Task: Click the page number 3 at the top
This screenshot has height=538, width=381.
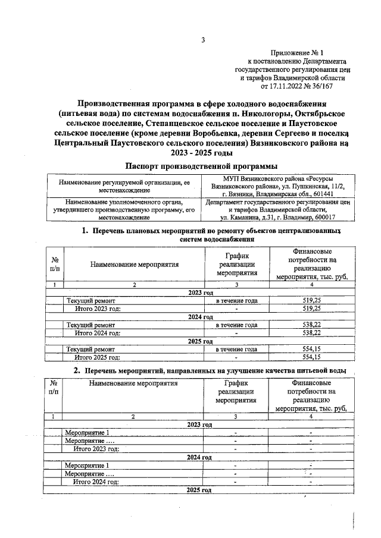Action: (202, 40)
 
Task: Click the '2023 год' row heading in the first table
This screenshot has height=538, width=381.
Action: (201, 293)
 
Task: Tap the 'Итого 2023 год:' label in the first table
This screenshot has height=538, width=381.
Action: (98, 309)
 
